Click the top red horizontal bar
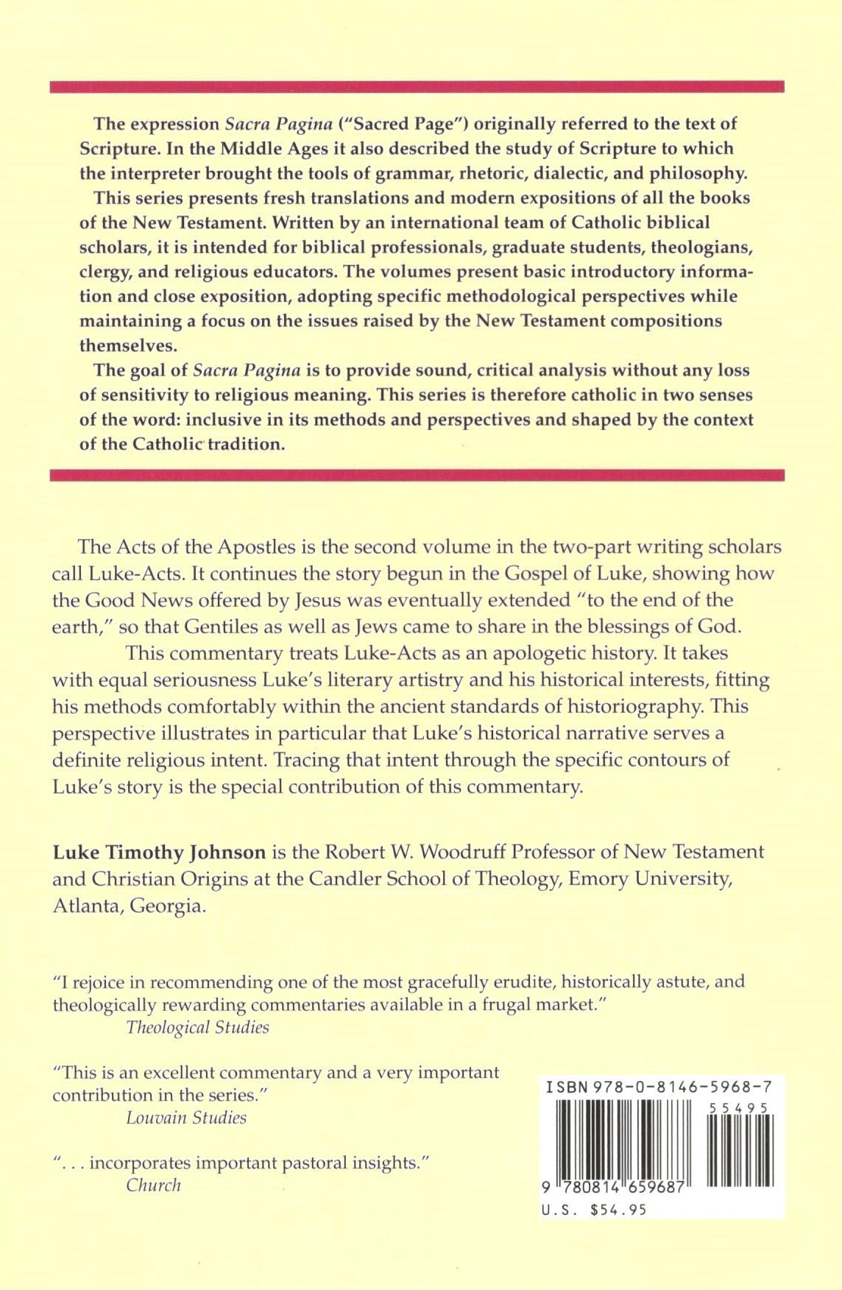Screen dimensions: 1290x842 [x=417, y=87]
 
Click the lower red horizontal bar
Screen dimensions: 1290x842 [x=417, y=475]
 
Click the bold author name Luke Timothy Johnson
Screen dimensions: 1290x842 [x=159, y=853]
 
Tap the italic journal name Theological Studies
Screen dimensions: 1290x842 [x=197, y=1027]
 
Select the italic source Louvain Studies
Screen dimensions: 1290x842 [x=186, y=1118]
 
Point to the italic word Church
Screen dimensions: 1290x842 [x=153, y=1185]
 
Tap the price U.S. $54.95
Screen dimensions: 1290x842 [x=594, y=1209]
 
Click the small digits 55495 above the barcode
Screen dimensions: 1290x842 [x=739, y=1107]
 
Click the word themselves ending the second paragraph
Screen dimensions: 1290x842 [x=128, y=345]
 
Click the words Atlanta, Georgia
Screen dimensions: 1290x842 [x=130, y=906]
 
